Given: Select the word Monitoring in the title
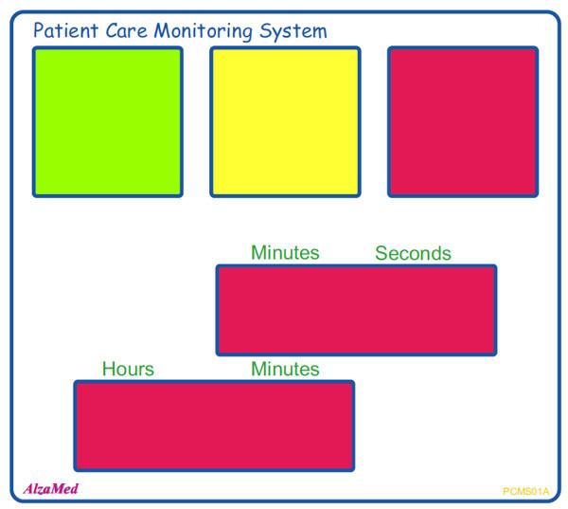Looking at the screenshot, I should coord(200,31).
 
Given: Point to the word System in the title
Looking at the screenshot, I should coord(293,31).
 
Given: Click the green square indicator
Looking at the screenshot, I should coord(107,121).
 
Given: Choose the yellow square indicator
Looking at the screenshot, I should coord(285,121).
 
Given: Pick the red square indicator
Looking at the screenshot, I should coord(463,121).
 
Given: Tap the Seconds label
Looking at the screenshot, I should coord(413,253).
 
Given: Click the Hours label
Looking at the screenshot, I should coord(128,369).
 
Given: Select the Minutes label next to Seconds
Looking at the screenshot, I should coord(285,253).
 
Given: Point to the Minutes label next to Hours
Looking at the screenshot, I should coord(285,369).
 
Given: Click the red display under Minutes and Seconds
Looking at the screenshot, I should coord(356,310).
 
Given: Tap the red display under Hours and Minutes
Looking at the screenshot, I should coord(214,426).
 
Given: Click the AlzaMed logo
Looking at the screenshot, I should coord(50,489).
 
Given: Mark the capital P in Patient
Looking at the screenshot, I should coord(39,30).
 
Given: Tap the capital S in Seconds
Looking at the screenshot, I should coord(382,253).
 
